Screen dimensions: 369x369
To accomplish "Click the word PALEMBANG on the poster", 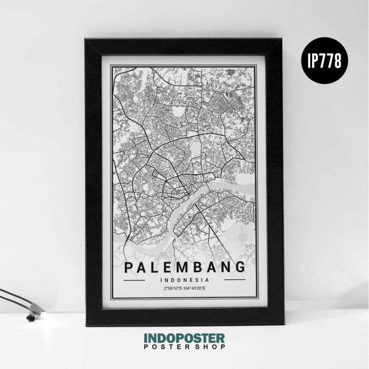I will coord(184,267).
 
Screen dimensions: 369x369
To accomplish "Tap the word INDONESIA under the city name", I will coord(184,280).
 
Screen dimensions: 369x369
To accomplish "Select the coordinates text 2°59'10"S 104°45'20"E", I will coord(184,289).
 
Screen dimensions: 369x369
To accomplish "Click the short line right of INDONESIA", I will coord(231,280).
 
